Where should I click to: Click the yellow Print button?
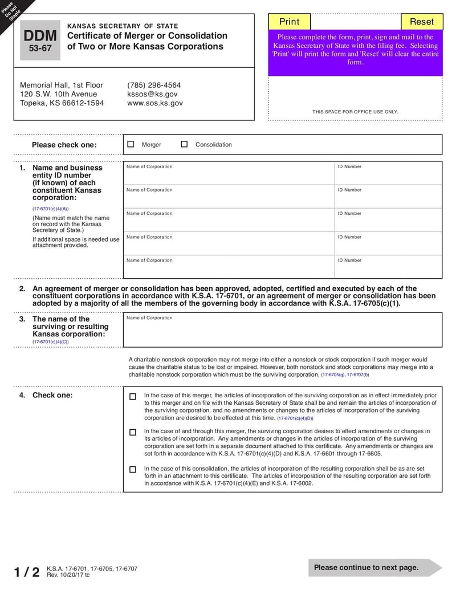(x=289, y=22)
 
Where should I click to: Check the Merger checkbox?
(x=131, y=144)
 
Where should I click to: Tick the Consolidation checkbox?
(x=184, y=144)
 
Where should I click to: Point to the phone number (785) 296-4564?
(x=154, y=85)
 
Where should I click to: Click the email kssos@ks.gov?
(x=152, y=94)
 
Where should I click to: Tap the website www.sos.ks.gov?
(x=155, y=103)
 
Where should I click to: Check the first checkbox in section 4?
(x=133, y=397)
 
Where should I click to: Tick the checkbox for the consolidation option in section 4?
(x=133, y=470)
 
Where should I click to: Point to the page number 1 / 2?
(x=26, y=572)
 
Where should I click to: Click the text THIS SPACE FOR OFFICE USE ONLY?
(x=355, y=112)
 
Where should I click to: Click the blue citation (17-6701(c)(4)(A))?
(x=50, y=209)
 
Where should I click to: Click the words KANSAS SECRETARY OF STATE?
(x=123, y=26)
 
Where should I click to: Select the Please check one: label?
(x=64, y=145)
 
